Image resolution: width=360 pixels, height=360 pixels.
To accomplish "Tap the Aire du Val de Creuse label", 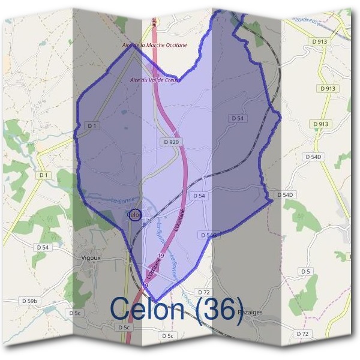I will pos(155,80).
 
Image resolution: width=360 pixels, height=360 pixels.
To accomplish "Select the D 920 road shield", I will pos(170,142).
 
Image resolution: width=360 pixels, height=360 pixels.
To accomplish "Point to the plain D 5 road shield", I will pos(306,272).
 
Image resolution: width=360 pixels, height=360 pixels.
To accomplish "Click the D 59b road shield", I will pos(29,301).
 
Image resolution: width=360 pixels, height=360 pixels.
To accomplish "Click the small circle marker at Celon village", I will pos(135,215).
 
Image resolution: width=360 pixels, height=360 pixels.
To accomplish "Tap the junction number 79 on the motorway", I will pos(160,256).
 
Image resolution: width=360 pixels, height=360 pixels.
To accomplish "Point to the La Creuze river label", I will pos(306,21).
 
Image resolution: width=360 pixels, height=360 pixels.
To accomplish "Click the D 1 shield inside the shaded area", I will pos(92,126).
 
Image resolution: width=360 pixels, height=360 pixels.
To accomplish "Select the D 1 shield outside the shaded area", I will pos(43,175).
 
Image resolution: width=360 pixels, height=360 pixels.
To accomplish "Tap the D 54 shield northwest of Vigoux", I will pos(42,247).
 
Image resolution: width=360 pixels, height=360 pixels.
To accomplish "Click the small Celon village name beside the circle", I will pos(133,214).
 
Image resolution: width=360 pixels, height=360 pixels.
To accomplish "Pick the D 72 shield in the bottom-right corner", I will pos(302,334).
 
